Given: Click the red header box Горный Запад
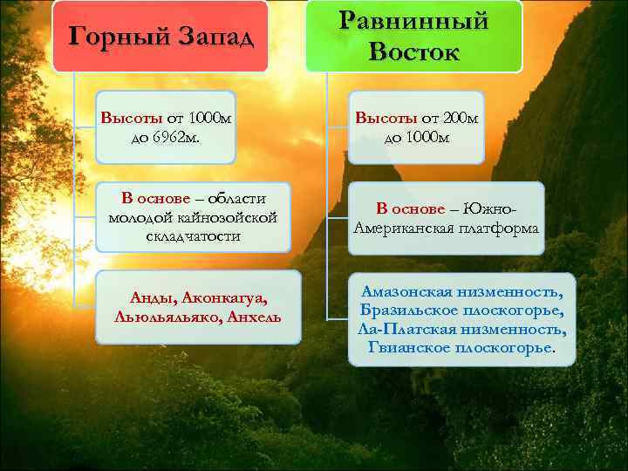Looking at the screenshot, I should [160, 37].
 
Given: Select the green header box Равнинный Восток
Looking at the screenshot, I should [413, 37].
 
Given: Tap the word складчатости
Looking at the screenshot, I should [193, 236].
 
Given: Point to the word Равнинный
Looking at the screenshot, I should [413, 21].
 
